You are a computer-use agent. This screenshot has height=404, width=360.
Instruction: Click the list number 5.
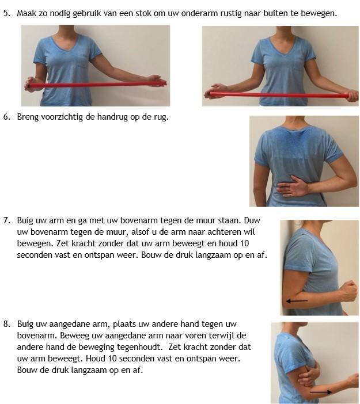(7, 13)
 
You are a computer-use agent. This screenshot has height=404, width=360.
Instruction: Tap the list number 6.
(7, 117)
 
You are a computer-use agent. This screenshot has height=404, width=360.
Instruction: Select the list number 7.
(7, 220)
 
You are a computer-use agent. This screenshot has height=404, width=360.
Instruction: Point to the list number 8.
(7, 324)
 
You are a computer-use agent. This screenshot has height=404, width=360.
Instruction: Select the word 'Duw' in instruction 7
(252, 220)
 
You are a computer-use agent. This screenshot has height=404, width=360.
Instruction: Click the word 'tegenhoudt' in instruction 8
(140, 347)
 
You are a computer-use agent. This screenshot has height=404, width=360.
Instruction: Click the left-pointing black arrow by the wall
(297, 300)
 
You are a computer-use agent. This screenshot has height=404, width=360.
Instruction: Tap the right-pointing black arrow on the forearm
(321, 392)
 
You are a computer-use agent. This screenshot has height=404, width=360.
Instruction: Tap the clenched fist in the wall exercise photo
(348, 291)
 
